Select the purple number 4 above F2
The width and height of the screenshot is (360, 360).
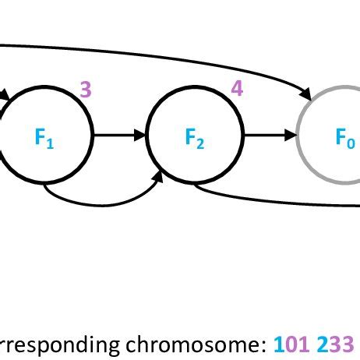(237, 89)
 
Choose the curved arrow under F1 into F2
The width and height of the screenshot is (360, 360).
(101, 203)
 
